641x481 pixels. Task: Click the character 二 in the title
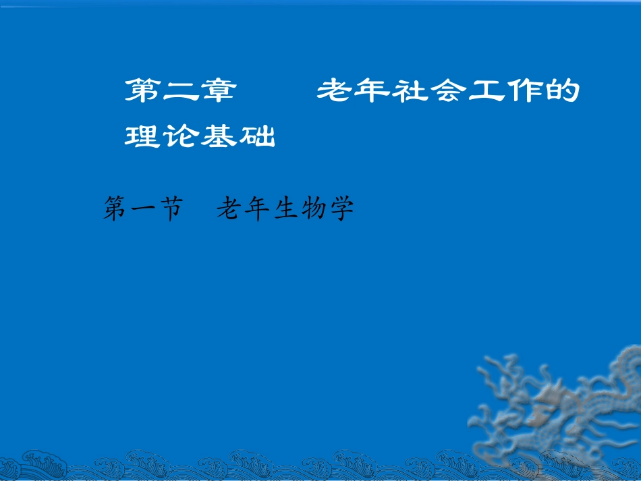[x=180, y=91]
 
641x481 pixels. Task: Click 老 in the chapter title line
[x=335, y=91]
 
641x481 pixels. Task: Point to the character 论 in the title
[x=180, y=136]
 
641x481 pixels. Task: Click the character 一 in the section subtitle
[x=143, y=210]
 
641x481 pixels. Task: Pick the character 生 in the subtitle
[x=284, y=210]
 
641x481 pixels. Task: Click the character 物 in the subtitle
[x=313, y=210]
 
